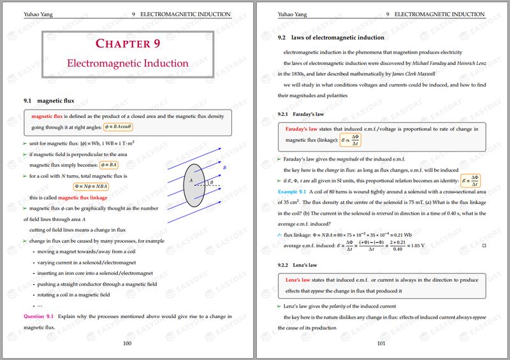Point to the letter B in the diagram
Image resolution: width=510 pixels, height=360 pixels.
click(224, 168)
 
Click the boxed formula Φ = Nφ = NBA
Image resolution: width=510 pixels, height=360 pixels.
click(91, 187)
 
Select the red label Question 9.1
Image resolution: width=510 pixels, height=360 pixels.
click(40, 316)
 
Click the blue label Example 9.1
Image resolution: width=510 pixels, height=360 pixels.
click(293, 191)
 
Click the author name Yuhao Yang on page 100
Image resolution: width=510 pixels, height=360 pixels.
click(37, 14)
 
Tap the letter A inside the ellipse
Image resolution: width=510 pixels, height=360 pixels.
click(190, 181)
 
